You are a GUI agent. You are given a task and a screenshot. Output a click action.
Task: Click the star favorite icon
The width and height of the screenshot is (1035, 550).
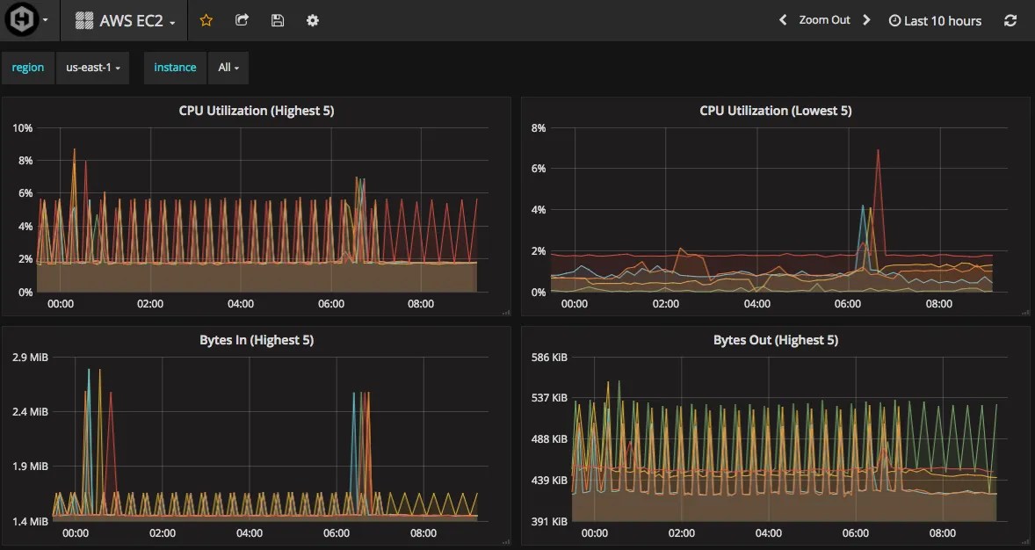pyautogui.click(x=206, y=20)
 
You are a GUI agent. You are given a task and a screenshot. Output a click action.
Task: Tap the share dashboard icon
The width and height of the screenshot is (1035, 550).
pyautogui.click(x=242, y=20)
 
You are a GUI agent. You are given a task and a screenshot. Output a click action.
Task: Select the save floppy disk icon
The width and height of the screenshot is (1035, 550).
pyautogui.click(x=278, y=20)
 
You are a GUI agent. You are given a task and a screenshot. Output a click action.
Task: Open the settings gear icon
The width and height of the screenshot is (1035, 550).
pyautogui.click(x=313, y=20)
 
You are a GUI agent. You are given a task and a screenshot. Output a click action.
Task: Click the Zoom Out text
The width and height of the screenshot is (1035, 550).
pyautogui.click(x=824, y=20)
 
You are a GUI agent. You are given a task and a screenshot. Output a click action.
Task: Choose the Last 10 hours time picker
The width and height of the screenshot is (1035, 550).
pyautogui.click(x=935, y=21)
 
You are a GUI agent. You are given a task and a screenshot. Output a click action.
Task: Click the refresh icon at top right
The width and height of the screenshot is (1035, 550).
pyautogui.click(x=1010, y=20)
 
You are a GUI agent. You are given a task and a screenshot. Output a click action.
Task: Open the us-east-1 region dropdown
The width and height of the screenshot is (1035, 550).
pyautogui.click(x=92, y=68)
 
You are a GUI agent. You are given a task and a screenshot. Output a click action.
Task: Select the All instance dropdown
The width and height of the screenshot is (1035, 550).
pyautogui.click(x=228, y=68)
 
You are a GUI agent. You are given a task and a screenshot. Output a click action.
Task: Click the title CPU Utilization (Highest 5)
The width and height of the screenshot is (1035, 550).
pyautogui.click(x=257, y=111)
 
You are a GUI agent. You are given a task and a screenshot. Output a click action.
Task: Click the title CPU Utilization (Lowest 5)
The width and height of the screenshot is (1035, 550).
pyautogui.click(x=776, y=111)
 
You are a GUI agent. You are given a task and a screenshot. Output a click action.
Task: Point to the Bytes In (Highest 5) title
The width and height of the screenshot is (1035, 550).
pyautogui.click(x=257, y=340)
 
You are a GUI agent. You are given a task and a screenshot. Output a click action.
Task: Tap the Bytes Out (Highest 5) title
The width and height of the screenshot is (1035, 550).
pyautogui.click(x=776, y=340)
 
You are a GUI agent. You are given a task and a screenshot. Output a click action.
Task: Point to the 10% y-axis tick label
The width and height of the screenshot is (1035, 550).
pyautogui.click(x=23, y=128)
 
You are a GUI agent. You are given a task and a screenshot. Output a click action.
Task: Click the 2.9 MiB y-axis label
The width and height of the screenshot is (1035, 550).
pyautogui.click(x=30, y=358)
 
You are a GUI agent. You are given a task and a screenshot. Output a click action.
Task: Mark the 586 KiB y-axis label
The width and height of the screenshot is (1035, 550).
pyautogui.click(x=550, y=358)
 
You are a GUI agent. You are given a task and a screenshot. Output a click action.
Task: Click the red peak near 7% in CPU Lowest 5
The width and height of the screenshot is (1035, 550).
pyautogui.click(x=877, y=151)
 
